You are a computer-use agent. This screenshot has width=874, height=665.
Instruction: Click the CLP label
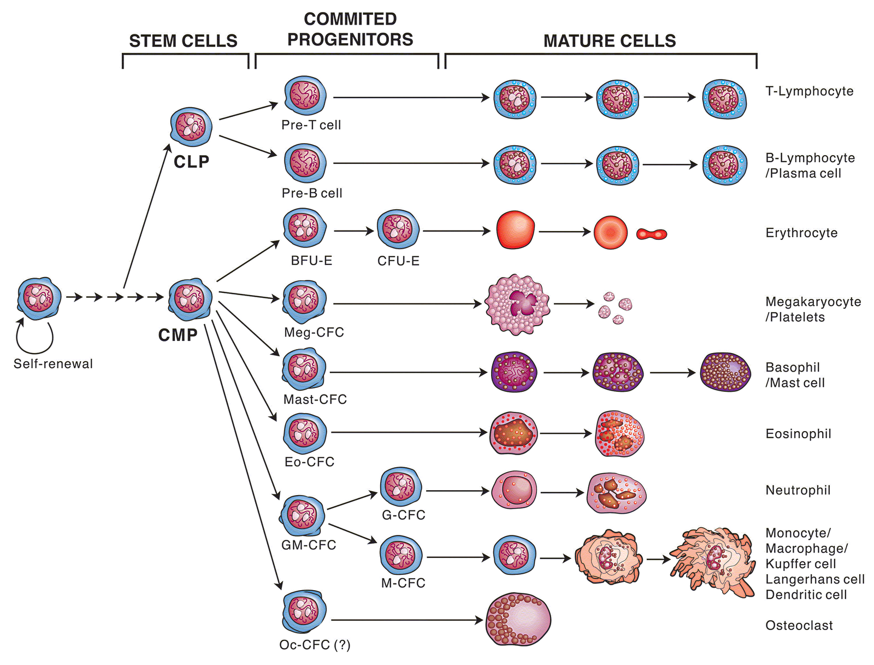[x=191, y=162]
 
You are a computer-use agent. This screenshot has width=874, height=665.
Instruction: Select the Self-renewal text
[x=53, y=364]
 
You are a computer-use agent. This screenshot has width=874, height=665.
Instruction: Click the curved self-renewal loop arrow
[x=34, y=339]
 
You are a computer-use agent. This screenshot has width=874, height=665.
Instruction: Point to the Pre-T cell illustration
[x=305, y=96]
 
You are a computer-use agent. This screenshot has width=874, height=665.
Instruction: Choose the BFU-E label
[x=311, y=261]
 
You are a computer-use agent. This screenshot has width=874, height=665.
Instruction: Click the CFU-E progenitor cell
[x=398, y=229]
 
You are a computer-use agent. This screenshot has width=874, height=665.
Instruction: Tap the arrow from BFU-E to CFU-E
[x=353, y=231]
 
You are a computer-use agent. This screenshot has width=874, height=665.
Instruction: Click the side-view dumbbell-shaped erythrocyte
[x=652, y=234]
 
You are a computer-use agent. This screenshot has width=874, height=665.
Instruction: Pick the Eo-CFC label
[x=309, y=462]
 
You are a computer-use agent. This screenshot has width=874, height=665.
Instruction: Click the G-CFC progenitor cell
[x=401, y=487]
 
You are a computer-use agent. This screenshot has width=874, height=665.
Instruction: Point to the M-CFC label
[x=403, y=583]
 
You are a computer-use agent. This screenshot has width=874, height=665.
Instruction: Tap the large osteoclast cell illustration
[x=518, y=620]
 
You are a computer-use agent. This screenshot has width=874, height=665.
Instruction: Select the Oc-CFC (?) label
[x=315, y=645]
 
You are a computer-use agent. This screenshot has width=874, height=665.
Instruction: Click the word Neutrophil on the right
[x=798, y=490]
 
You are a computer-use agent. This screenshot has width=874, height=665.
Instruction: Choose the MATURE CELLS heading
[x=610, y=41]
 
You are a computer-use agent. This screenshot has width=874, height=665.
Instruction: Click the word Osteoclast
[x=799, y=626]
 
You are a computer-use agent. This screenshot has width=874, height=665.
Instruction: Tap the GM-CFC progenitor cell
[x=302, y=516]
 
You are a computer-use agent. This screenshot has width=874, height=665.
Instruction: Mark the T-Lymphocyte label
[x=809, y=91]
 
